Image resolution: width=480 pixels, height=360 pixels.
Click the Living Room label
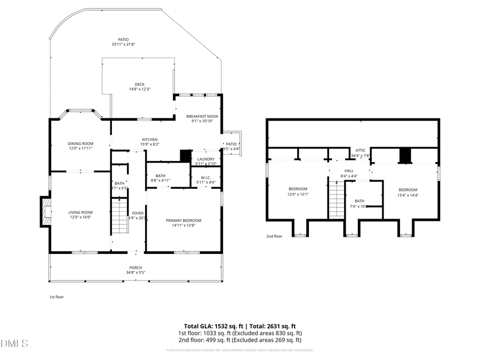pyautogui.click(x=81, y=212)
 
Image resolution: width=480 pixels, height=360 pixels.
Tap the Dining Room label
pyautogui.click(x=81, y=143)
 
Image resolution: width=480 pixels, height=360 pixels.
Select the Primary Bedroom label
pyautogui.click(x=183, y=220)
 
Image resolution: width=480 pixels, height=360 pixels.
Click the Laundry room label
pyautogui.click(x=205, y=159)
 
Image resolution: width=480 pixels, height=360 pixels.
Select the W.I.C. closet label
pyautogui.click(x=205, y=178)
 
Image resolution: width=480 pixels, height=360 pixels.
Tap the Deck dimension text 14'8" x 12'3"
pyautogui.click(x=140, y=89)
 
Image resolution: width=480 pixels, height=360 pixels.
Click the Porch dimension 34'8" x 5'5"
pyautogui.click(x=135, y=273)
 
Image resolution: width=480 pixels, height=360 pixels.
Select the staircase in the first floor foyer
pyautogui.click(x=120, y=215)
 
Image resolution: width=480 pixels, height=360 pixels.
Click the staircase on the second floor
pyautogui.click(x=336, y=199)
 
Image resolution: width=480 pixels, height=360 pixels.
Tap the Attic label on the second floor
pyautogui.click(x=361, y=150)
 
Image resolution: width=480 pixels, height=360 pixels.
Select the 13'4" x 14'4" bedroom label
pyautogui.click(x=407, y=190)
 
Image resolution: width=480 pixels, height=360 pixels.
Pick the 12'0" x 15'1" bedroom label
pyautogui.click(x=298, y=189)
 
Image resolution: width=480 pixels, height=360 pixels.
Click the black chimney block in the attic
pyautogui.click(x=406, y=155)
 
